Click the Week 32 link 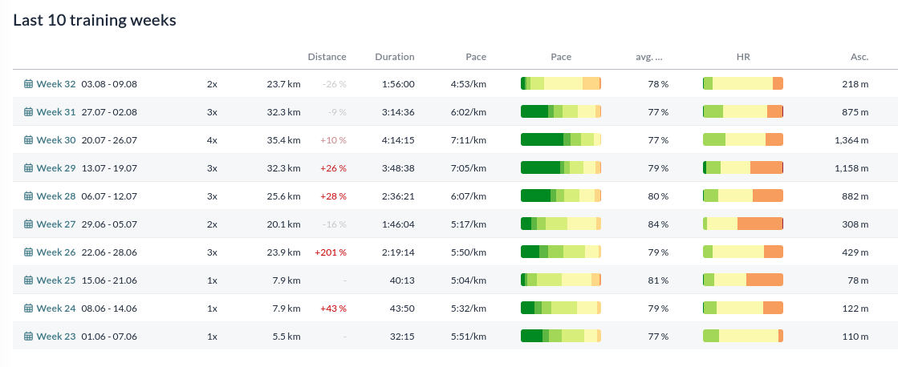point(55,84)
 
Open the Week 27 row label point(55,224)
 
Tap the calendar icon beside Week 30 point(29,140)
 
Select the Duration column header point(395,57)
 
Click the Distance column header point(327,57)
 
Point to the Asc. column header point(859,57)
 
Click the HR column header point(743,57)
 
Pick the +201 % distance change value point(331,252)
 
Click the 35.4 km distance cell point(283,140)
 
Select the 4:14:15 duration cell point(398,140)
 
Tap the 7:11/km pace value point(469,140)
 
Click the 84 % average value point(658,224)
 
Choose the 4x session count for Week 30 point(212,140)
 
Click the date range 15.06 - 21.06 point(109,280)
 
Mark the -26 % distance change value point(335,84)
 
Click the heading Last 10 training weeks point(95,21)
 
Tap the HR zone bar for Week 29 point(743,168)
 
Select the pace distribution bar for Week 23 point(561,336)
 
